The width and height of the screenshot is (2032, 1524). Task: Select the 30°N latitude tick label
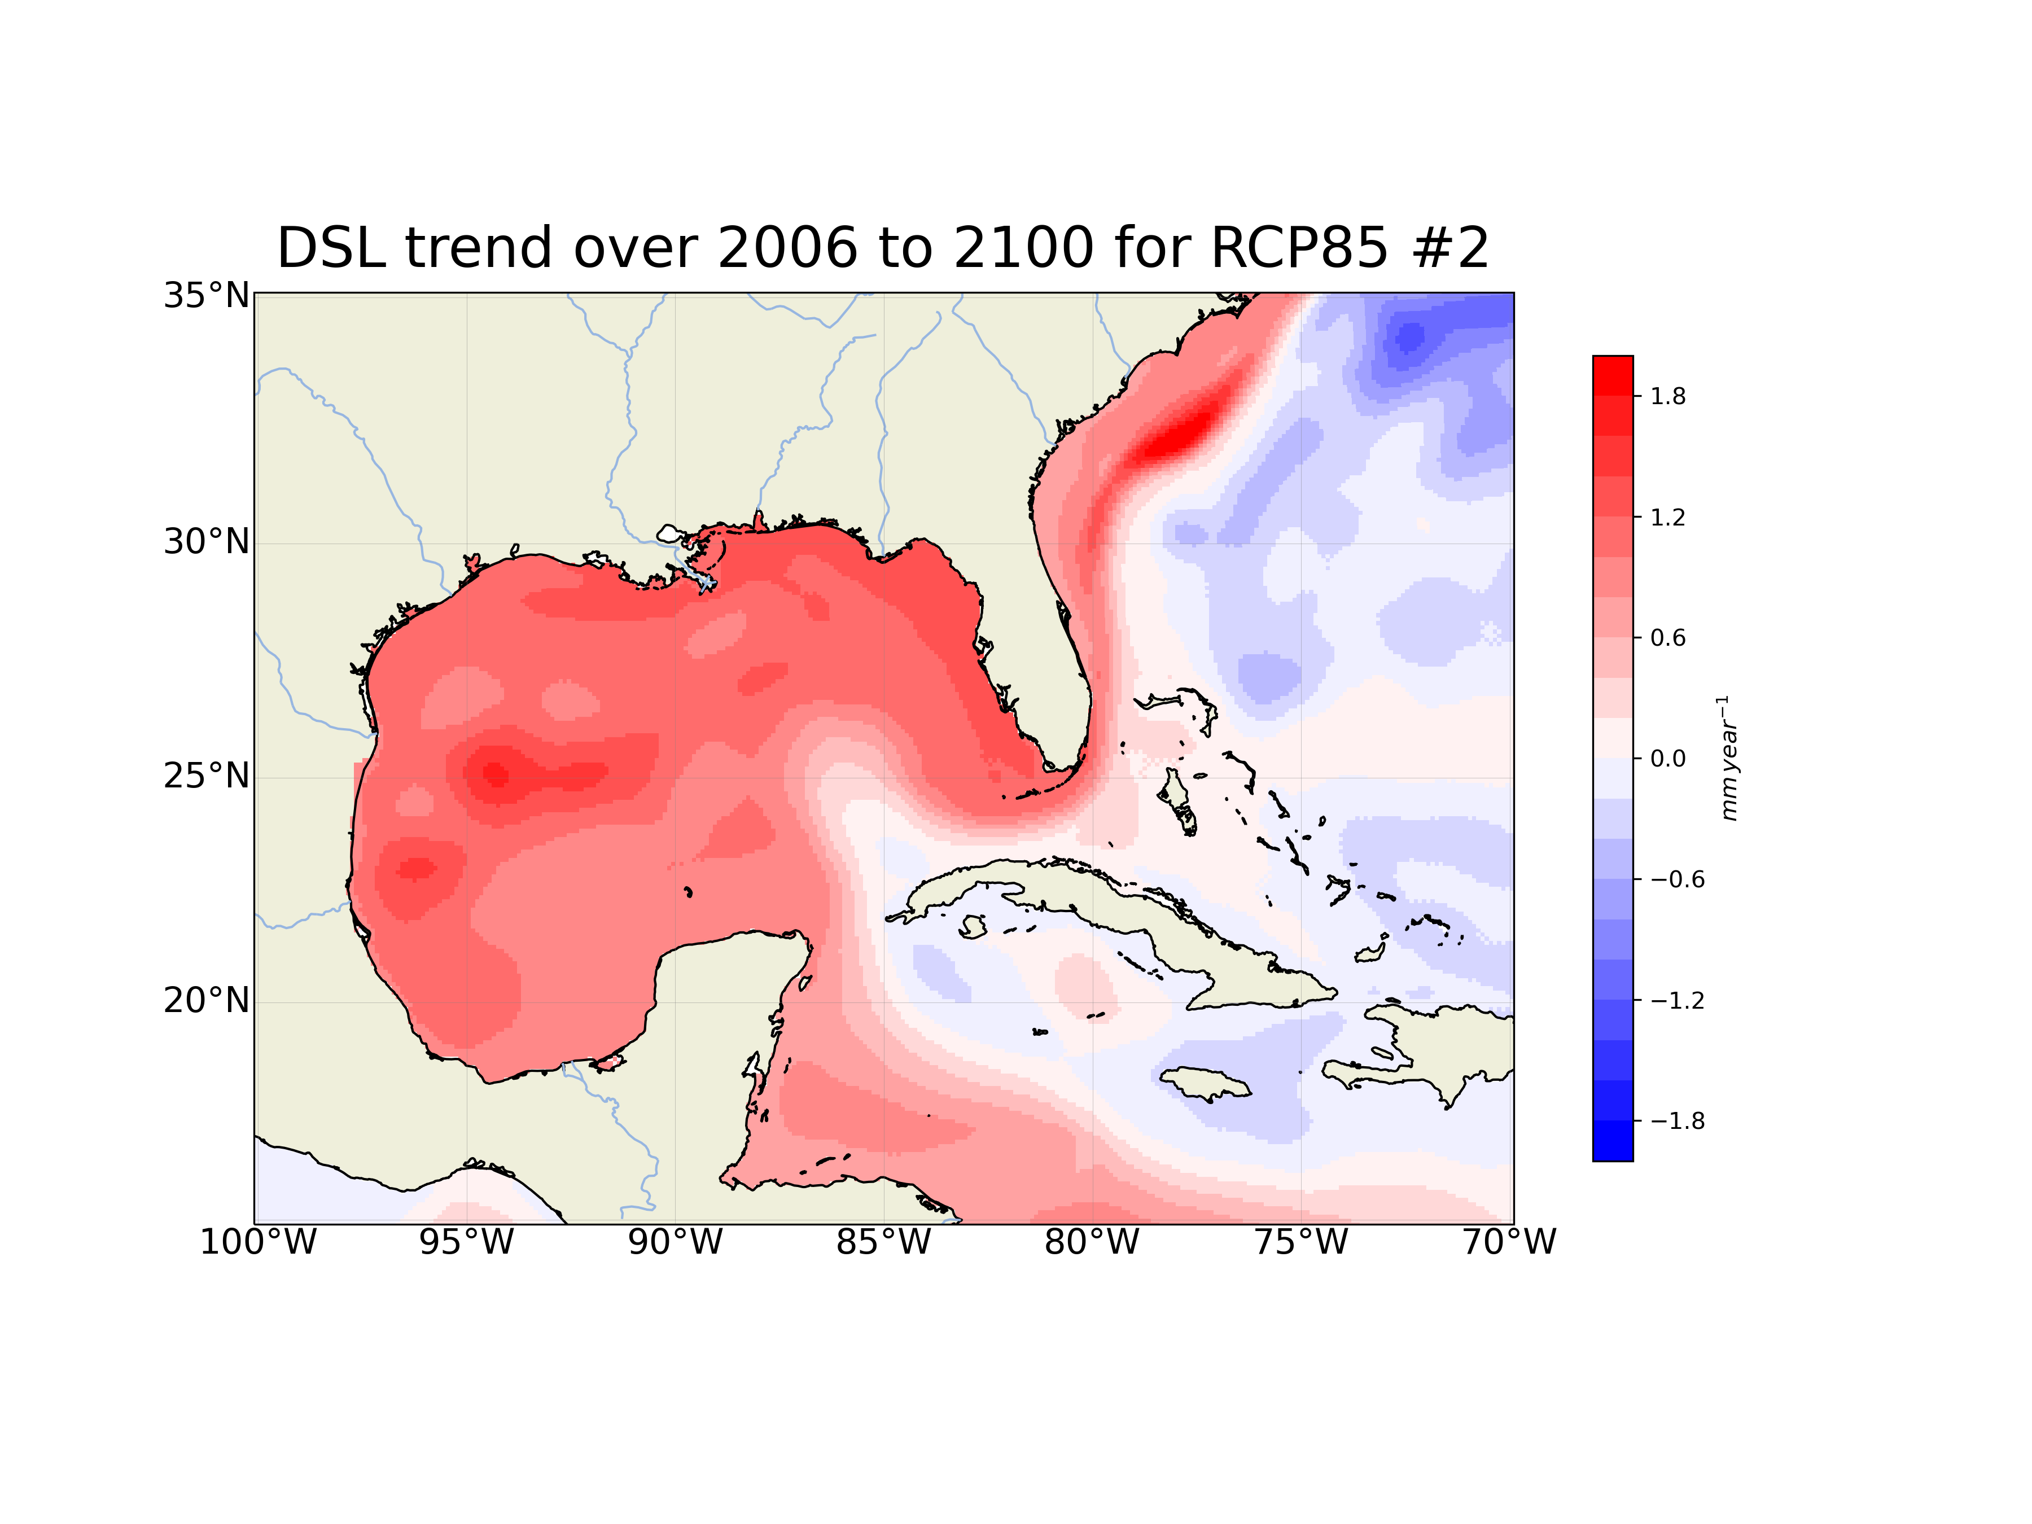tap(206, 542)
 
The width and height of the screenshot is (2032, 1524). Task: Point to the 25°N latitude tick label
tap(206, 776)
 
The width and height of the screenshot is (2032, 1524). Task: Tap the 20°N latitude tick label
tap(206, 1000)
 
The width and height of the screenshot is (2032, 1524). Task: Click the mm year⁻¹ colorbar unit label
tap(1729, 758)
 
